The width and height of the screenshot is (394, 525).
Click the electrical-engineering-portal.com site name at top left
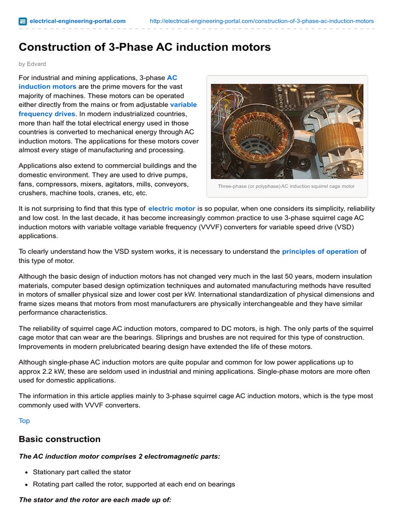(77, 21)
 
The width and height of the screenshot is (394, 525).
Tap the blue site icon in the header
(23, 22)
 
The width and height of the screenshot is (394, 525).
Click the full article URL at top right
(262, 21)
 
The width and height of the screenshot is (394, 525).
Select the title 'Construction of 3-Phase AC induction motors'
(145, 47)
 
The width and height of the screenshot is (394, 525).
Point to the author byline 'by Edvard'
(32, 64)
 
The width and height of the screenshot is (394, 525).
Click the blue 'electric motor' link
(171, 209)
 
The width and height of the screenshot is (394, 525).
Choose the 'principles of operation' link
(320, 251)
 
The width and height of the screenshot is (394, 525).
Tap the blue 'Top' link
(24, 420)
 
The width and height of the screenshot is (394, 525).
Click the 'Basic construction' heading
(60, 439)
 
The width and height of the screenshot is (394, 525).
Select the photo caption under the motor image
(286, 186)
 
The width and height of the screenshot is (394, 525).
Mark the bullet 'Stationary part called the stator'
(82, 472)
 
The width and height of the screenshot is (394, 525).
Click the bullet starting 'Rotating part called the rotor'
(134, 484)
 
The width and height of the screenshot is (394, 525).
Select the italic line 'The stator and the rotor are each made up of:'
(95, 499)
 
